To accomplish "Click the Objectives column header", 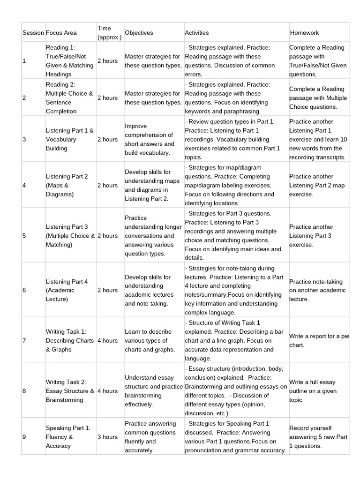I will (139, 33).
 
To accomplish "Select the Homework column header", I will (304, 33).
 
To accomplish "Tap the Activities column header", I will (197, 33).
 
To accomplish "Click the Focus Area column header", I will (61, 33).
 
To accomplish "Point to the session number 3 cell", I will (24, 139).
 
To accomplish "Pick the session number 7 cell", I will (24, 340).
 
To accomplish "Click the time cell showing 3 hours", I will (107, 437).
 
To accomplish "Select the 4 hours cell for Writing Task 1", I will (107, 340).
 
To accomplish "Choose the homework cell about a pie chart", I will (319, 341).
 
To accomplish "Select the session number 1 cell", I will (24, 60).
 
